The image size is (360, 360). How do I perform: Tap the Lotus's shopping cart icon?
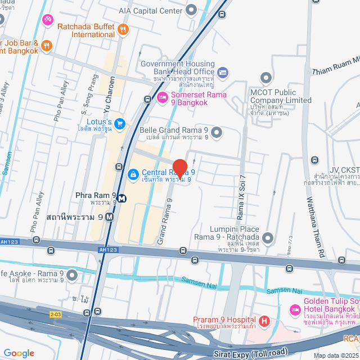119,123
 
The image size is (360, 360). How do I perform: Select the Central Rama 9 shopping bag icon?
133,175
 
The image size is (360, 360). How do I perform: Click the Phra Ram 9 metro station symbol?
122,198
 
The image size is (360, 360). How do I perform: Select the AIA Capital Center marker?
191,10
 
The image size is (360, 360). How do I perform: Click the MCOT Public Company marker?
265,78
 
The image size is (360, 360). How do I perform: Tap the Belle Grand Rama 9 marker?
217,133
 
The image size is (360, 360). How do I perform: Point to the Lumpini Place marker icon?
267,238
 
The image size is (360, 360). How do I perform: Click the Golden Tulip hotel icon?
295,310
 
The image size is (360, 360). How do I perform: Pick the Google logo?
19,353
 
